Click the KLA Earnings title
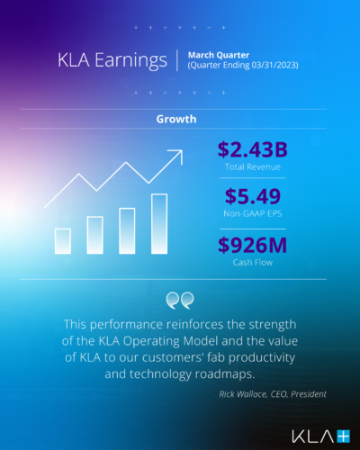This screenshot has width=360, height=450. [112, 61]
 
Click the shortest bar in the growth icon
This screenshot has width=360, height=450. [63, 239]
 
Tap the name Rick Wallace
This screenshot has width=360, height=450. [238, 393]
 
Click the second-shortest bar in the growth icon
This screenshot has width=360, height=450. [94, 234]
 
